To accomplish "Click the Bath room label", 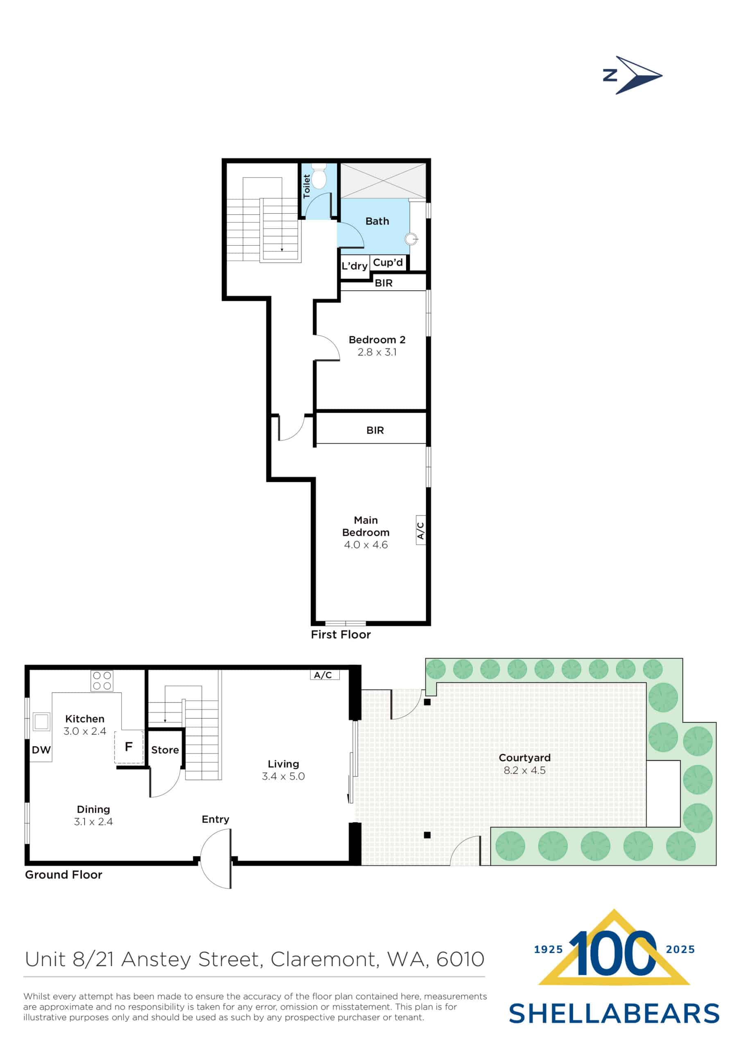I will (377, 221).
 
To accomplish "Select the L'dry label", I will (354, 266).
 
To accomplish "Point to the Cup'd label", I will (388, 262).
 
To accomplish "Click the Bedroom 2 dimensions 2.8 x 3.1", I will (377, 352).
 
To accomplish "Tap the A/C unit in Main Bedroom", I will (420, 531).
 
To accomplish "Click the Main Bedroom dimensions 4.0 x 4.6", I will (366, 544).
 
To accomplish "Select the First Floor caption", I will (341, 635).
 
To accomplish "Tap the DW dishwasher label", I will (41, 750).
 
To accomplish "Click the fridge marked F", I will (129, 746).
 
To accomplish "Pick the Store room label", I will (165, 750).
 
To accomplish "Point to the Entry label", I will (215, 819).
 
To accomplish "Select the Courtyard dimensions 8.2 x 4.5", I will (524, 770).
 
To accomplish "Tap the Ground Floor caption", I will (63, 874).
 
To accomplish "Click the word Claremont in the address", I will (325, 959).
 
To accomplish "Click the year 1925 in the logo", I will (548, 949).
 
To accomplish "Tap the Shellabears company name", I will (614, 1014).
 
